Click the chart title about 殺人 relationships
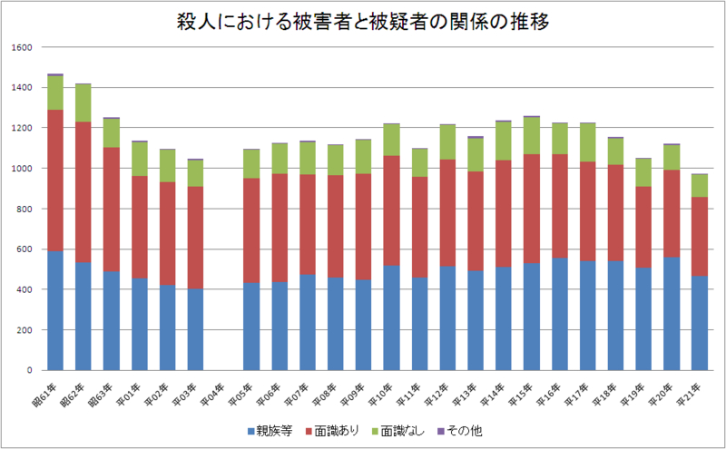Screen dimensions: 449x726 coord(363,23)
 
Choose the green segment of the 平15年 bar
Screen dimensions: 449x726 coord(532,136)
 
